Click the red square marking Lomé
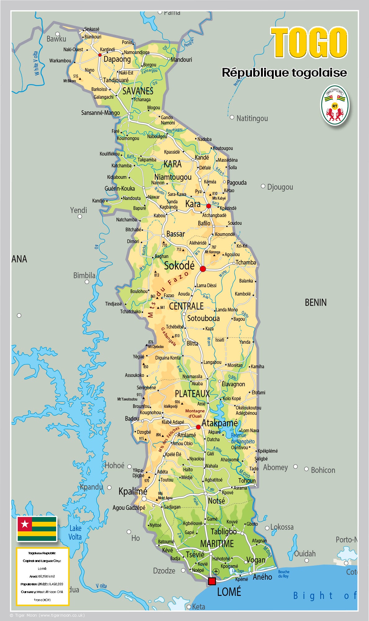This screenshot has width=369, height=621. coord(212,581)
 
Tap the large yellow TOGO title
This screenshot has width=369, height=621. coord(309,43)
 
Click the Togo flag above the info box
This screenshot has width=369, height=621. coord(37,529)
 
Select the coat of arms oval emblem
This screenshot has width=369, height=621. coord(335,106)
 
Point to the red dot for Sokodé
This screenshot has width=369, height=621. coord(203,269)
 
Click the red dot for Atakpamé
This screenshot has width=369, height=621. coord(198,427)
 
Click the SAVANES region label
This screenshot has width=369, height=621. coord(138,91)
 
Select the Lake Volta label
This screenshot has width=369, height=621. coord(75,533)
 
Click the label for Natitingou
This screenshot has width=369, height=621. coord(252,118)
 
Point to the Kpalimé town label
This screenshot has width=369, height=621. coord(133,491)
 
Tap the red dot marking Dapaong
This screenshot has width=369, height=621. coord(100,55)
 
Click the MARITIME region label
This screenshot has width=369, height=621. coord(217,544)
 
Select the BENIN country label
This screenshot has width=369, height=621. coord(315,302)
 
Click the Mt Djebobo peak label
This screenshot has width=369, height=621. coord(155,347)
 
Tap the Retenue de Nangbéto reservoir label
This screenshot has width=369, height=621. coord(243,438)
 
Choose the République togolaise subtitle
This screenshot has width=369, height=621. coord(284,72)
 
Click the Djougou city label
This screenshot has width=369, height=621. coord(280,187)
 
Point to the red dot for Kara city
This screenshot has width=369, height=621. coord(209,206)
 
